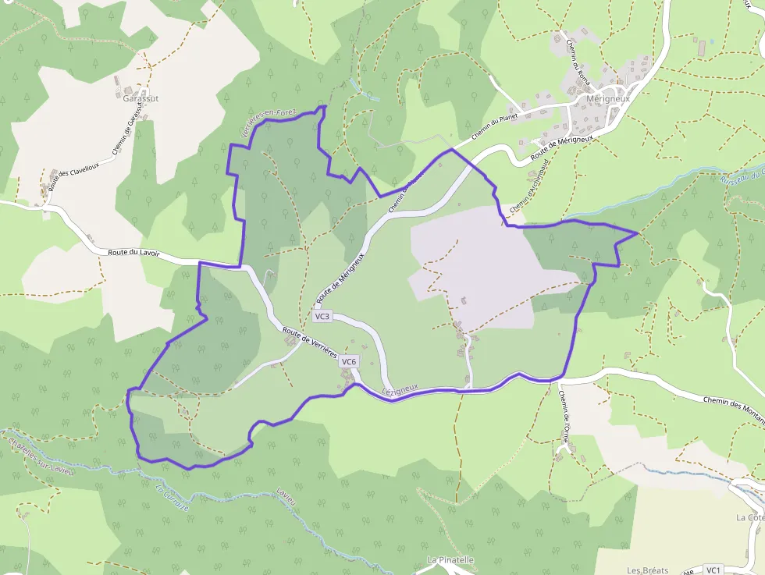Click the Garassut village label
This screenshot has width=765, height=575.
(141, 98)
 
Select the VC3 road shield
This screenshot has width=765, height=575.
(322, 317)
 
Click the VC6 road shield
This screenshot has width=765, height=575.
(349, 362)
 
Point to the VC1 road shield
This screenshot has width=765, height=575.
(713, 570)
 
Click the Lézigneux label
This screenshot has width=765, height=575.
(401, 388)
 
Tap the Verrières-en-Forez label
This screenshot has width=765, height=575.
(269, 124)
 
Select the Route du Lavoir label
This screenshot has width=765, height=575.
(133, 252)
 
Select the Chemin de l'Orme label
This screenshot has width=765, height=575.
(563, 416)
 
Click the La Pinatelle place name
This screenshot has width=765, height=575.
(450, 560)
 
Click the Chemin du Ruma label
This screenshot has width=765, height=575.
(579, 62)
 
